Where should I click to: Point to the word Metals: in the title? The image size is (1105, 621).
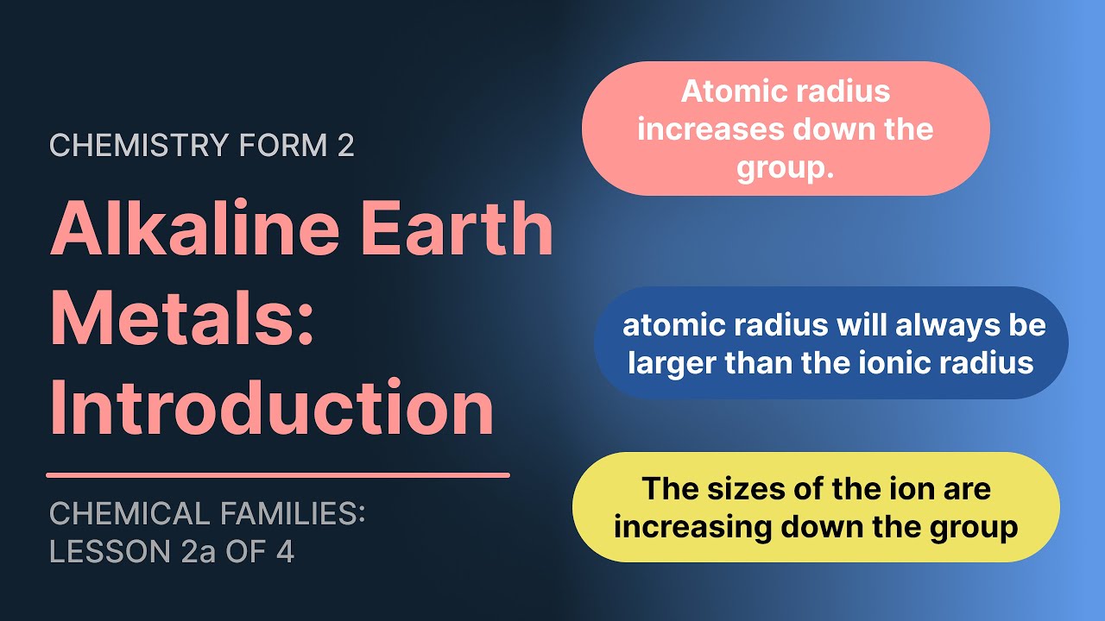[x=182, y=318]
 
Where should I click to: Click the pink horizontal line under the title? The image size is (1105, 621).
[x=277, y=474]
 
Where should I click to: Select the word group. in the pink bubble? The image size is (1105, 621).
[x=785, y=167]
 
